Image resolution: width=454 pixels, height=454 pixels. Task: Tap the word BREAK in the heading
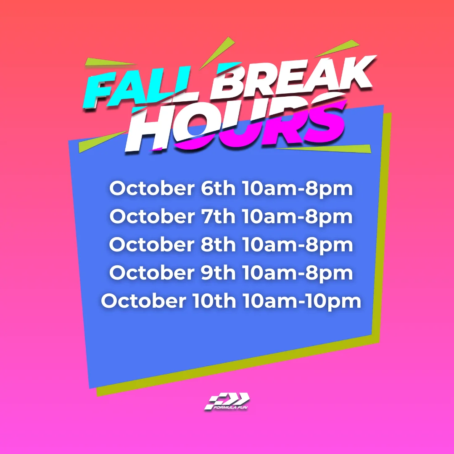click(293, 77)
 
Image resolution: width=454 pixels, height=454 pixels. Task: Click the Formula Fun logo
click(227, 401)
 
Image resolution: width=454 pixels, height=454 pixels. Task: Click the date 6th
click(218, 188)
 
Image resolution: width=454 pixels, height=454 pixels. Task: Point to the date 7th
click(218, 216)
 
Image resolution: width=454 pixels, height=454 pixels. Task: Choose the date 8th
click(218, 244)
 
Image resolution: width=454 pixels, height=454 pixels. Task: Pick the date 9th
click(218, 272)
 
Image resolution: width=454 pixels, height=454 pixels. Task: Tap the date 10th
click(214, 301)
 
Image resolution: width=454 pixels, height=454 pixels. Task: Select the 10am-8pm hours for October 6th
click(297, 189)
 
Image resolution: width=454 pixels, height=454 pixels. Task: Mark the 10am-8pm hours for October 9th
click(297, 273)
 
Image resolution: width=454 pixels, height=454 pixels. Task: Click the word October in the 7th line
click(152, 216)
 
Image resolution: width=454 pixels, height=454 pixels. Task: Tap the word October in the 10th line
click(144, 301)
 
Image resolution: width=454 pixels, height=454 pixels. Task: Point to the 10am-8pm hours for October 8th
click(297, 245)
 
